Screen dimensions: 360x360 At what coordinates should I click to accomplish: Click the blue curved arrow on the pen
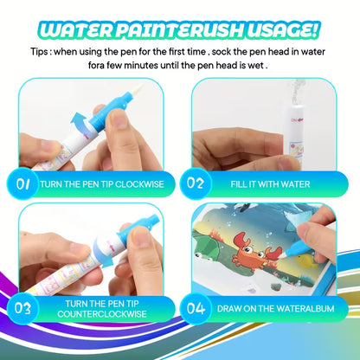pyautogui.click(x=82, y=129)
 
